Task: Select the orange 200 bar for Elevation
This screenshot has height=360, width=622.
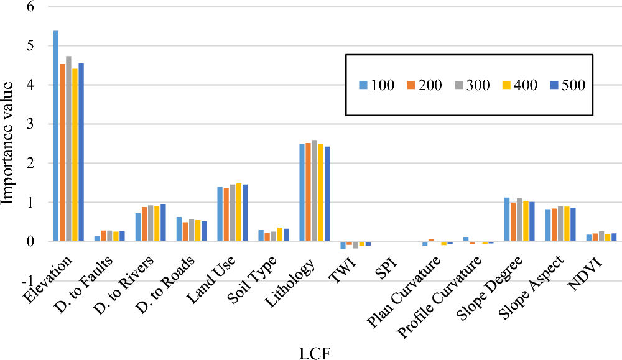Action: (62, 152)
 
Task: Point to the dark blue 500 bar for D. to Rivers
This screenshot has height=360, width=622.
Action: (164, 223)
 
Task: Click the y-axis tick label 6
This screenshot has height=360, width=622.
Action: (29, 7)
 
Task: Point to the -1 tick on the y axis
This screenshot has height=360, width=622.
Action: (27, 280)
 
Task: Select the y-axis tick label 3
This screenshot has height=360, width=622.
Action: (29, 124)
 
